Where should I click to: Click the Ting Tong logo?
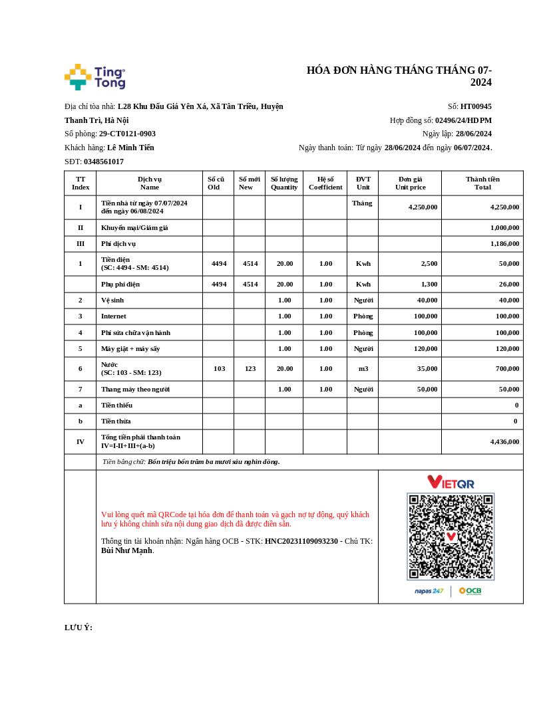[x=94, y=77]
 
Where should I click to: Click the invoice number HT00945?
[x=476, y=106]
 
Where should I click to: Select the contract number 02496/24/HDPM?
[x=463, y=120]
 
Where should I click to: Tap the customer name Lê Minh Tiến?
[x=130, y=148]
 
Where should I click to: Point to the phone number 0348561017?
[x=104, y=162]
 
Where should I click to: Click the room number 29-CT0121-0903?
[x=127, y=134]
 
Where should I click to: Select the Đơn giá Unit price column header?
[x=410, y=183]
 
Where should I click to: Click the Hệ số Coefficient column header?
[x=325, y=183]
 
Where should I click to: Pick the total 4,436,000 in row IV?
[x=504, y=441]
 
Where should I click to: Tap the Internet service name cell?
[x=114, y=316]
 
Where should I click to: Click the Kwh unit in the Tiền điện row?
[x=363, y=264]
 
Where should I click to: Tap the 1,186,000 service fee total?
[x=504, y=244]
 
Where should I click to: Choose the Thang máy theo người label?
[x=135, y=389]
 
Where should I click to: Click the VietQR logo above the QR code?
[x=451, y=482]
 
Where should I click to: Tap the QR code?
[x=451, y=536]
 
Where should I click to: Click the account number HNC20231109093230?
[x=301, y=541]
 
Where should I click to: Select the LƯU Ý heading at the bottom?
[x=79, y=628]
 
